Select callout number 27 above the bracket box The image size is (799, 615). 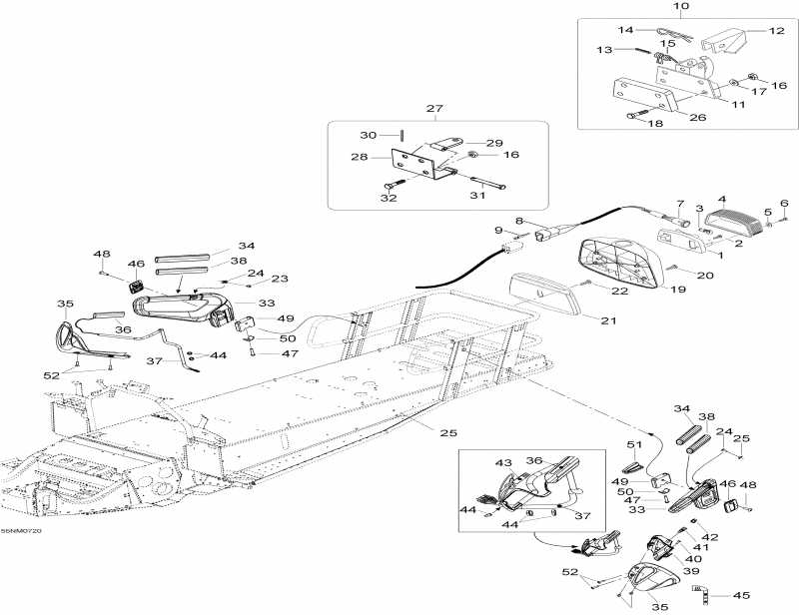tap(434, 109)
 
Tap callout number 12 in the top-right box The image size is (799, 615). tap(776, 31)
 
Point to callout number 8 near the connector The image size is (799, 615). tap(519, 221)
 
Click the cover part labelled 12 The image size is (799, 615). tap(724, 43)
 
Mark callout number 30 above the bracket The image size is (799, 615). tap(367, 135)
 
